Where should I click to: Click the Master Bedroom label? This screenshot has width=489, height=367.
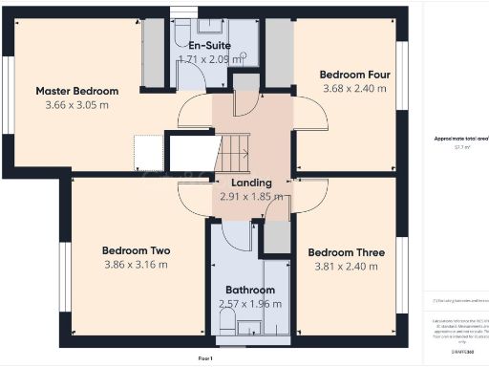77,91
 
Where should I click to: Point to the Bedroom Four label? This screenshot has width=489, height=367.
352,75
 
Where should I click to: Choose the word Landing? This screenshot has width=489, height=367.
245,183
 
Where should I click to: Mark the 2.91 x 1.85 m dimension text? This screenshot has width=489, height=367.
245,196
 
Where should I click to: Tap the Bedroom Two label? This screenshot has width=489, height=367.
137,251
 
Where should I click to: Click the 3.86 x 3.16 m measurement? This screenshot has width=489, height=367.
137,265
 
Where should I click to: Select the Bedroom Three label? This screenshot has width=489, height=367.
346,252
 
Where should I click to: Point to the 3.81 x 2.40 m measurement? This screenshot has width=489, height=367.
346,266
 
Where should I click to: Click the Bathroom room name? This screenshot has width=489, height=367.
250,290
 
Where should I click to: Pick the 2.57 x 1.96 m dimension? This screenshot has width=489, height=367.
250,303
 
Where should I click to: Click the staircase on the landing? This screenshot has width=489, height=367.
235,149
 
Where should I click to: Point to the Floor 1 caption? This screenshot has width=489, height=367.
204,356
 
